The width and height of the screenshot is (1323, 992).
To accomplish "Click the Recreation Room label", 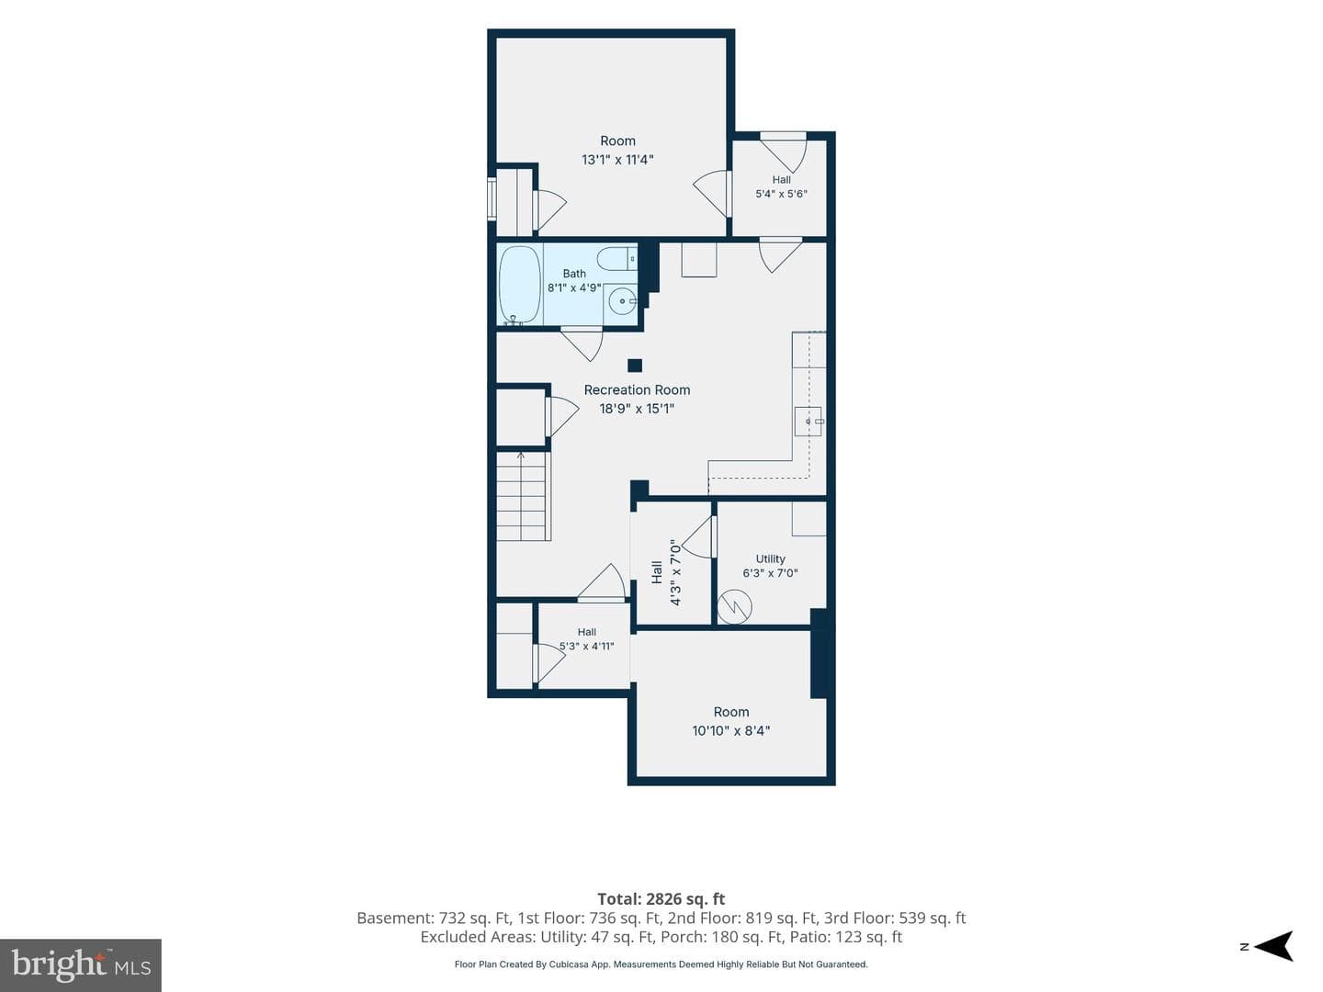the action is coord(637,389).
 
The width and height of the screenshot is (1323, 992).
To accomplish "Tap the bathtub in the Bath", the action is coord(520,285).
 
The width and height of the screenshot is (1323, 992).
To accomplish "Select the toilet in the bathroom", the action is coord(616,259).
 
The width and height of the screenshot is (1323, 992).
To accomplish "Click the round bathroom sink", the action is coord(621,299).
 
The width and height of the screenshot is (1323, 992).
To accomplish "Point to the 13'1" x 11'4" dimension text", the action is coord(617,160).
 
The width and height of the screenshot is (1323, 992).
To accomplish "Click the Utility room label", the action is coord(770,558).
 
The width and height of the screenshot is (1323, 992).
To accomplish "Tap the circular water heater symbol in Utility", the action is coord(735,606).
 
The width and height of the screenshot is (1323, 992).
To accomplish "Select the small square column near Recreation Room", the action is coord(635,365).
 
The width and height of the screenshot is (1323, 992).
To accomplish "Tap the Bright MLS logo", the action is coord(80,964).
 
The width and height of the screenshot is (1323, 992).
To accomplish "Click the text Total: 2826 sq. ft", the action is coord(661,898).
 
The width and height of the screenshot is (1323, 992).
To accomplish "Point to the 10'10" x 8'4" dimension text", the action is coord(731,730).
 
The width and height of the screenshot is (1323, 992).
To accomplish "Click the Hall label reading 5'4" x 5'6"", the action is coord(781,186).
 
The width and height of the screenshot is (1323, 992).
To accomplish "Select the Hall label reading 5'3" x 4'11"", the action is coord(586,639).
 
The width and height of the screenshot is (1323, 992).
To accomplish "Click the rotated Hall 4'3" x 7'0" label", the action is coord(666,572).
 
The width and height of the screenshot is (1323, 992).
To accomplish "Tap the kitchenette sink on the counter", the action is coord(808,421).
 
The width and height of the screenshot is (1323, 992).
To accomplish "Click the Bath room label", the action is coord(574,274).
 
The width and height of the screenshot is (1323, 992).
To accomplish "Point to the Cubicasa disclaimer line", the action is coord(661,964).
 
